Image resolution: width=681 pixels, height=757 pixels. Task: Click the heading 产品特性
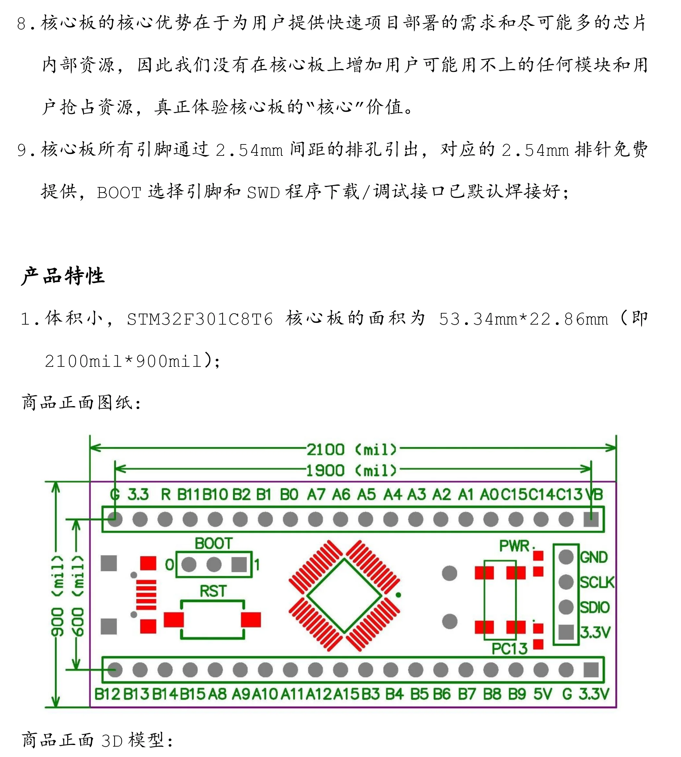(63, 276)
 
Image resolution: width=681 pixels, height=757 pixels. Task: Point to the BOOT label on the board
(214, 543)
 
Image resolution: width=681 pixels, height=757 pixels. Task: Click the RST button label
(213, 591)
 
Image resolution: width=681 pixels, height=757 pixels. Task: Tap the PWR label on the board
(515, 546)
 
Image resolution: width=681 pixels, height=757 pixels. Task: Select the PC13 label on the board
(509, 648)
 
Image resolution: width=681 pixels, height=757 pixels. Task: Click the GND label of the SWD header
(593, 557)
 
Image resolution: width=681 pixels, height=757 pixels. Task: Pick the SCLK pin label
(597, 582)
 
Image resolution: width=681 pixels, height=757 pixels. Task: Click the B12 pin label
(107, 694)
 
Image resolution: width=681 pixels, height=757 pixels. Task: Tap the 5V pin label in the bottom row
(543, 694)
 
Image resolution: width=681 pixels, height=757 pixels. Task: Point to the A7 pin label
(316, 494)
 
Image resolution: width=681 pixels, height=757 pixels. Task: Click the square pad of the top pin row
(591, 519)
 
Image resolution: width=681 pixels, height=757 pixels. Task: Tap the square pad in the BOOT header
(239, 565)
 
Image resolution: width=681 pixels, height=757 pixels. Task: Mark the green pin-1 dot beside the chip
(399, 595)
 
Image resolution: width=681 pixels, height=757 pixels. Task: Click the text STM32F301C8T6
(200, 319)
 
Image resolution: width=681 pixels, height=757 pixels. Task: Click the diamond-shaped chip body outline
(344, 596)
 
